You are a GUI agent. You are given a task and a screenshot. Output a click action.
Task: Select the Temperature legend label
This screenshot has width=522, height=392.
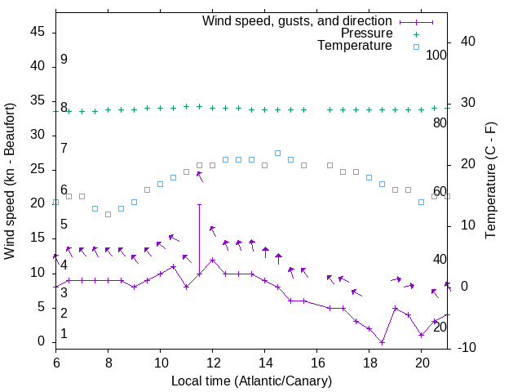pos(355,46)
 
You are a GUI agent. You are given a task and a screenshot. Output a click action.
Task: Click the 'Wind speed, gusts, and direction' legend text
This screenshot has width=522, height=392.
pos(297,20)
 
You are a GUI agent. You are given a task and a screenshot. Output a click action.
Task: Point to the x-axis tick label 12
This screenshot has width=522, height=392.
pos(212,363)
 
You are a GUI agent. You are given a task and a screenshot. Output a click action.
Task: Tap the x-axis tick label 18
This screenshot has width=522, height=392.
pos(369,363)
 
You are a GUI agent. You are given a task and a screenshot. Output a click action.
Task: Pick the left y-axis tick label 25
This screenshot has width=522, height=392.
pos(38,169)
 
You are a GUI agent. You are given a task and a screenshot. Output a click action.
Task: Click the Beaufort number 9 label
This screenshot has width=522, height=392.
pos(64,60)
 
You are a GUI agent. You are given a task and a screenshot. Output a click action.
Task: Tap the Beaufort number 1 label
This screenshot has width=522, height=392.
pos(64,334)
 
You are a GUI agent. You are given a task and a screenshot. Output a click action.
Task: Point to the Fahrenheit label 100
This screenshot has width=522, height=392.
pos(436,55)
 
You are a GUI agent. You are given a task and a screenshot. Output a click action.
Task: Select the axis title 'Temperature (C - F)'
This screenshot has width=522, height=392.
pos(490,181)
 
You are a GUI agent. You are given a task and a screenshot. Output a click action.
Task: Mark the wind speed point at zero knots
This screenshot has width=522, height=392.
pos(382,342)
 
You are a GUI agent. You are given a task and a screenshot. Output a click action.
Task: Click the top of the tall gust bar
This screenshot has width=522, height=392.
pos(199,204)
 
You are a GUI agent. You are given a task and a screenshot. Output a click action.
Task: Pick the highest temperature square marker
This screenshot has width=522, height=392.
pos(277,153)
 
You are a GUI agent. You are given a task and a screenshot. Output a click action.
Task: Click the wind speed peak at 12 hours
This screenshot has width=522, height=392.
pos(212,260)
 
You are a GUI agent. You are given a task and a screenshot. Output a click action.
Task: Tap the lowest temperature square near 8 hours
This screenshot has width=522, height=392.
pos(108,214)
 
